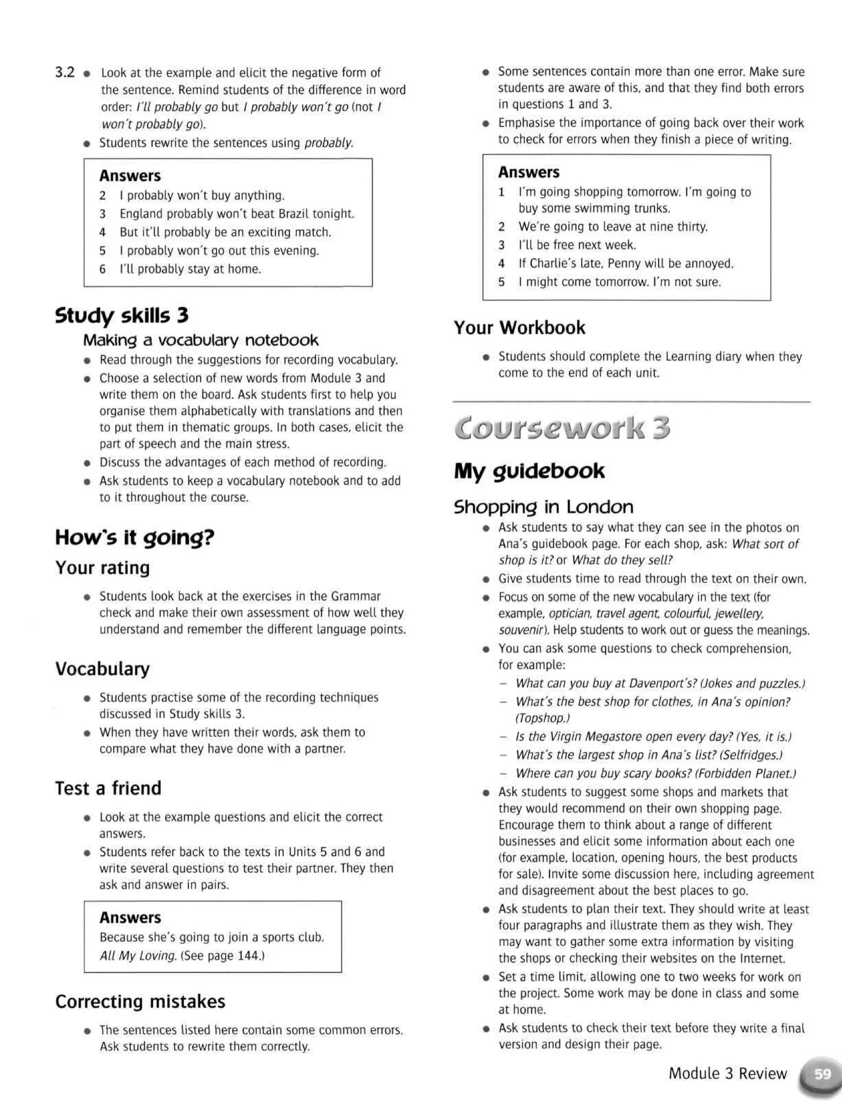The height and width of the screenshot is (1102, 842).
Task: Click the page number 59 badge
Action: point(822,1074)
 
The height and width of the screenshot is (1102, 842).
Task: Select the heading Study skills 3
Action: point(122,316)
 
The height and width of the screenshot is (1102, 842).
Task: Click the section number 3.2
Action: point(65,73)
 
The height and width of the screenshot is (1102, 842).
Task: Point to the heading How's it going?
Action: point(134,537)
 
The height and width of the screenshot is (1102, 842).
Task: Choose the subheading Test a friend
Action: point(108,788)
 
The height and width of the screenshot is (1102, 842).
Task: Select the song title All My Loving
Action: point(138,955)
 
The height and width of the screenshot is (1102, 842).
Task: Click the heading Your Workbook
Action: point(519,328)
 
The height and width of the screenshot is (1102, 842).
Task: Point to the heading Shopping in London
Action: point(543,507)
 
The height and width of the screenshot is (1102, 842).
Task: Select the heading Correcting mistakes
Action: point(140,1001)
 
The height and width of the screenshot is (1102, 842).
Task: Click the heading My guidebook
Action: point(529,471)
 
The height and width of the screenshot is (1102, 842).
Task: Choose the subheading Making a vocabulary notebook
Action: point(201,340)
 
